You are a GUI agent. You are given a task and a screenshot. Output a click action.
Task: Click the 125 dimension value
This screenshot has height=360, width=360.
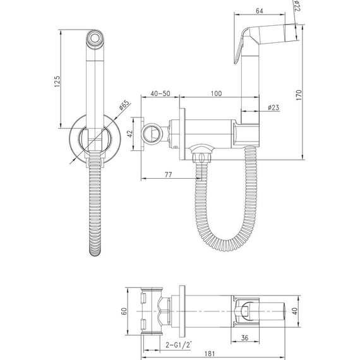pyautogui.click(x=57, y=81)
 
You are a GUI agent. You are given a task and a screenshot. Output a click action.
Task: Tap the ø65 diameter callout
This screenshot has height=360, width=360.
pyautogui.click(x=124, y=105)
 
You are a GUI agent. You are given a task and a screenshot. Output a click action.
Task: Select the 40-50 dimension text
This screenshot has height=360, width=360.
pyautogui.click(x=160, y=93)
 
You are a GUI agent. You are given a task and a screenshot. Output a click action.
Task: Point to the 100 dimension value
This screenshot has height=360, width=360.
pyautogui.click(x=216, y=93)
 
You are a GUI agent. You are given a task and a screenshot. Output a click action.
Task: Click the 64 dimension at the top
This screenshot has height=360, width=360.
pyautogui.click(x=259, y=11)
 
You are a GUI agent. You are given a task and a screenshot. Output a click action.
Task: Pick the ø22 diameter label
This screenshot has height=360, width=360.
pyautogui.click(x=297, y=6)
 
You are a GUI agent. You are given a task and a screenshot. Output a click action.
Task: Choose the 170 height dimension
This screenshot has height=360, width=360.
pyautogui.click(x=299, y=95)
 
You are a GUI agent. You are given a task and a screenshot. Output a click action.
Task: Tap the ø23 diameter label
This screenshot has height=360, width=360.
pyautogui.click(x=273, y=107)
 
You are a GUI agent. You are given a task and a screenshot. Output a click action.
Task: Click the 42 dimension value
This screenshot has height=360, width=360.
pyautogui.click(x=130, y=134)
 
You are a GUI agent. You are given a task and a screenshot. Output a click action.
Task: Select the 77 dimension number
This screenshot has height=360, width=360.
pyautogui.click(x=168, y=175)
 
